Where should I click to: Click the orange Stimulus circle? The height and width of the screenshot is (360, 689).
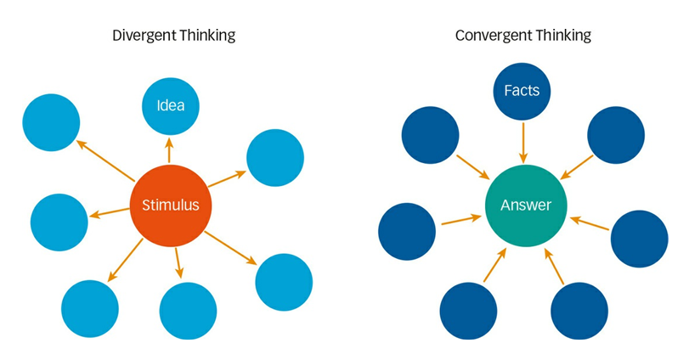pyautogui.click(x=170, y=205)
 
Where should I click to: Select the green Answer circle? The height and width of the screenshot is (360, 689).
pyautogui.click(x=525, y=205)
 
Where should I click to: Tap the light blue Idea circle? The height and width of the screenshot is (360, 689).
pyautogui.click(x=170, y=106)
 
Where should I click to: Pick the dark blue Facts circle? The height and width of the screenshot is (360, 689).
pyautogui.click(x=522, y=90)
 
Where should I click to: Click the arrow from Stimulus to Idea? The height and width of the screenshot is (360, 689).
pyautogui.click(x=169, y=150)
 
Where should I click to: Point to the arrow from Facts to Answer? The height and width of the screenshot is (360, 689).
pyautogui.click(x=523, y=141)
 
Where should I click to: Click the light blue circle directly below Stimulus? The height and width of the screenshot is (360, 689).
pyautogui.click(x=188, y=311)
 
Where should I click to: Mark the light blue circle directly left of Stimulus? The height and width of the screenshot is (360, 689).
pyautogui.click(x=59, y=222)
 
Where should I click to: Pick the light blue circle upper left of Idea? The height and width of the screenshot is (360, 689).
pyautogui.click(x=51, y=122)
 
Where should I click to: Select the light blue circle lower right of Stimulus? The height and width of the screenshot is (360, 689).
pyautogui.click(x=284, y=282)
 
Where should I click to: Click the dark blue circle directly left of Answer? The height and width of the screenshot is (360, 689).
pyautogui.click(x=407, y=232)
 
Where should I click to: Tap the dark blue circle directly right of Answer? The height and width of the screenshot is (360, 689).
pyautogui.click(x=639, y=239)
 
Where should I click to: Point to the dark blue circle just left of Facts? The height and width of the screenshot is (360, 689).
pyautogui.click(x=430, y=135)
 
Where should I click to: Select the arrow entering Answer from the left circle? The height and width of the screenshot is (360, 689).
pyautogui.click(x=460, y=221)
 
